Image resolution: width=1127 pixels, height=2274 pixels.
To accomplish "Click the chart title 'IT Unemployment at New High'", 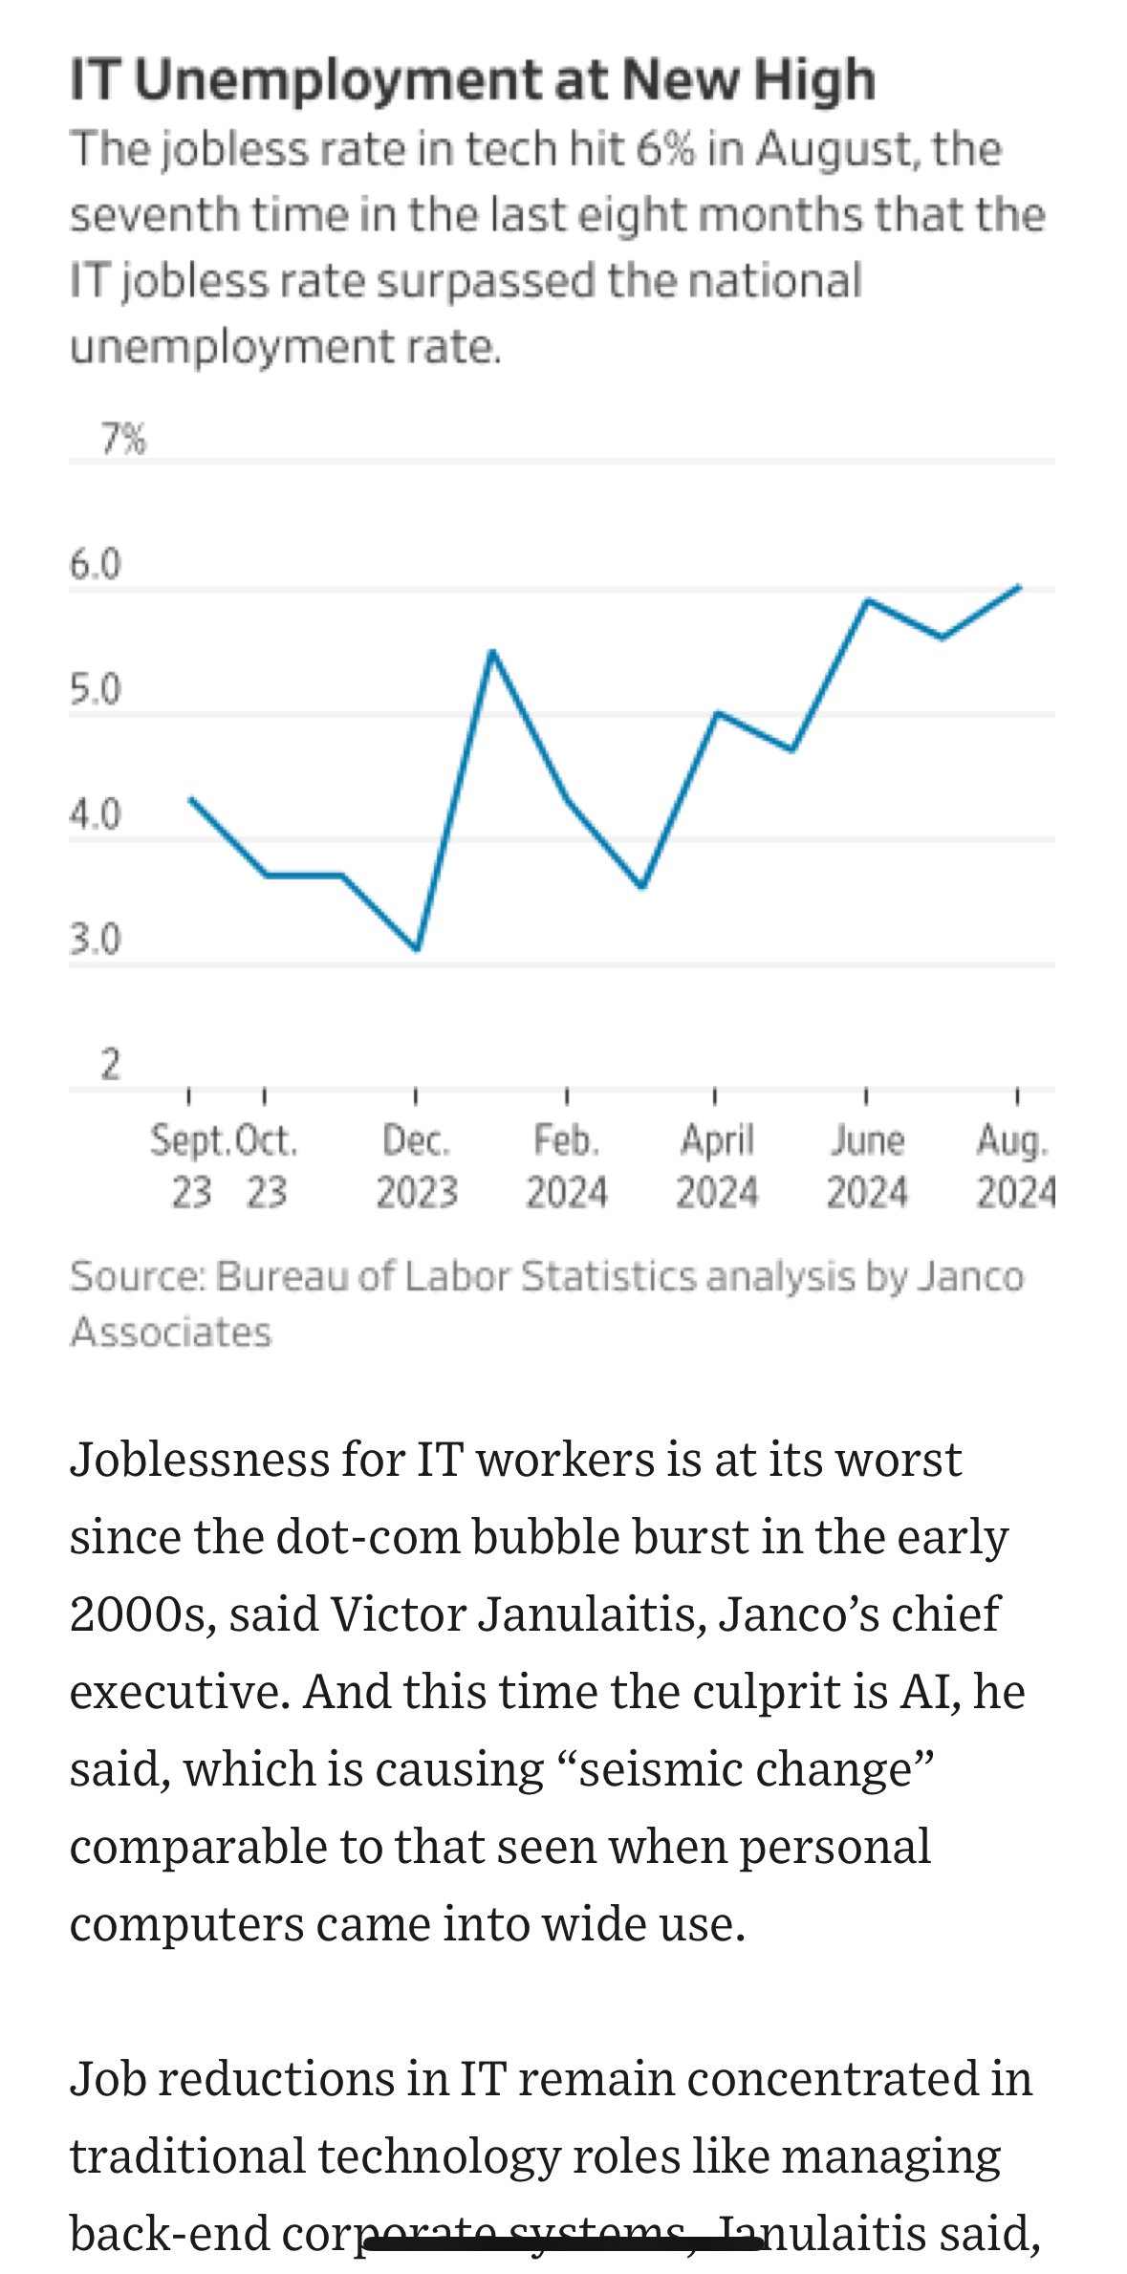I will tap(472, 80).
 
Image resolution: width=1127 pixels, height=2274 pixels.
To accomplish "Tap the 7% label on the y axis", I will tap(123, 440).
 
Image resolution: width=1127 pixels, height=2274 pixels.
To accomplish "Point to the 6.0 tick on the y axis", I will tap(96, 565).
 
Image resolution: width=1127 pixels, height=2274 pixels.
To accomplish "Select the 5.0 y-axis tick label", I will tap(96, 690).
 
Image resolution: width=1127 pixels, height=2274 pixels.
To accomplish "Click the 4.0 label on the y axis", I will tap(96, 815).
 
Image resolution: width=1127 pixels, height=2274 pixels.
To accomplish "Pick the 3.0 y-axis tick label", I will tap(96, 941).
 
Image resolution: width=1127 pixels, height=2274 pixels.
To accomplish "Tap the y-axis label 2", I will tap(111, 1065).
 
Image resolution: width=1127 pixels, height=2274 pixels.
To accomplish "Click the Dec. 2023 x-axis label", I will tap(416, 1166).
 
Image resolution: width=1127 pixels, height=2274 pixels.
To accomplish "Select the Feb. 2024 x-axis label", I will tap(566, 1166).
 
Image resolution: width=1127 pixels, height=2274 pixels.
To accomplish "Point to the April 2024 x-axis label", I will tap(717, 1166).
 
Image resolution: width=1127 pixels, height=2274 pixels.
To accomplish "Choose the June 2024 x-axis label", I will tap(866, 1166).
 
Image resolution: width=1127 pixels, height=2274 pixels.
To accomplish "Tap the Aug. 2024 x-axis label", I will tap(1014, 1166).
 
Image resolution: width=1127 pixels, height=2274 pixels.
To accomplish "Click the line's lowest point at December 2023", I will tap(417, 949).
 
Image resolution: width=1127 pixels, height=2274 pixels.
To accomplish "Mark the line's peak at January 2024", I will tap(491, 651).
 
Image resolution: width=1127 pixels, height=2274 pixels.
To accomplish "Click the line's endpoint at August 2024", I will tap(1019, 587).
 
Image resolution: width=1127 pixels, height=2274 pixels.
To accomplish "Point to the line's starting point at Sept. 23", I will tap(191, 799).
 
